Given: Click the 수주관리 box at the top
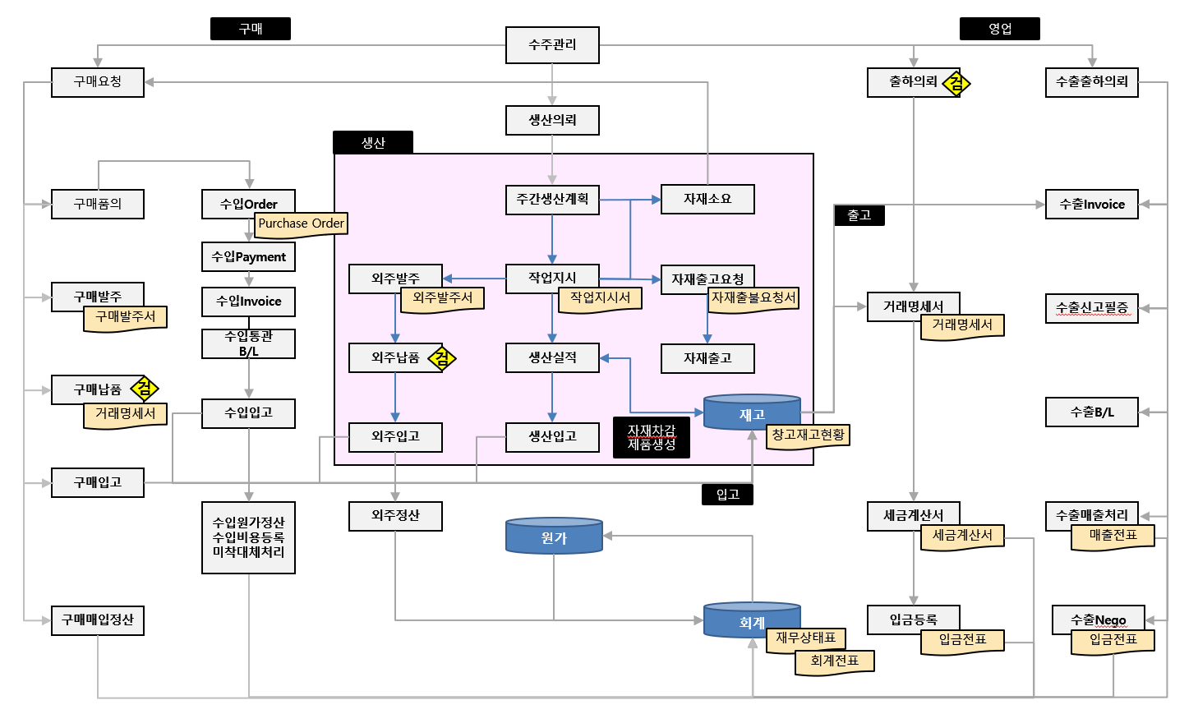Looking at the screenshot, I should click(552, 45).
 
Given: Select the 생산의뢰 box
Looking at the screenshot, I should click(552, 120).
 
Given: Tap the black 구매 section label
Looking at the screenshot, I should click(251, 29).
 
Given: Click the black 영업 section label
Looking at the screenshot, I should click(999, 29).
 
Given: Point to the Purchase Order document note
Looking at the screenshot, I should click(301, 224).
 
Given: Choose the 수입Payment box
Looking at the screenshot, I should click(248, 257).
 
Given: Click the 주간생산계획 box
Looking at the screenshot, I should click(552, 200).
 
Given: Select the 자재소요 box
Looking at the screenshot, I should click(707, 200).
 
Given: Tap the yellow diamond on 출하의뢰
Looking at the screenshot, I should click(956, 83).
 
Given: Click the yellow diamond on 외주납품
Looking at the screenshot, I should click(442, 358).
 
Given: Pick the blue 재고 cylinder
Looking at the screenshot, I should click(752, 413).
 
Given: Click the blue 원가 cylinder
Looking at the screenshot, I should click(554, 537).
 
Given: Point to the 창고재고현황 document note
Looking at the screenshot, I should click(808, 435).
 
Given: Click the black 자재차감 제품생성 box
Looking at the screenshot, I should click(652, 437).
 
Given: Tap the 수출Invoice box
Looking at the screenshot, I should click(1091, 205).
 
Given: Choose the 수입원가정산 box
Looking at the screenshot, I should click(248, 537).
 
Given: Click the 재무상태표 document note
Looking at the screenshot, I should click(805, 639).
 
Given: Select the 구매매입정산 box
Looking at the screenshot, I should click(98, 620).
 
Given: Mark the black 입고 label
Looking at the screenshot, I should click(727, 495).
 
